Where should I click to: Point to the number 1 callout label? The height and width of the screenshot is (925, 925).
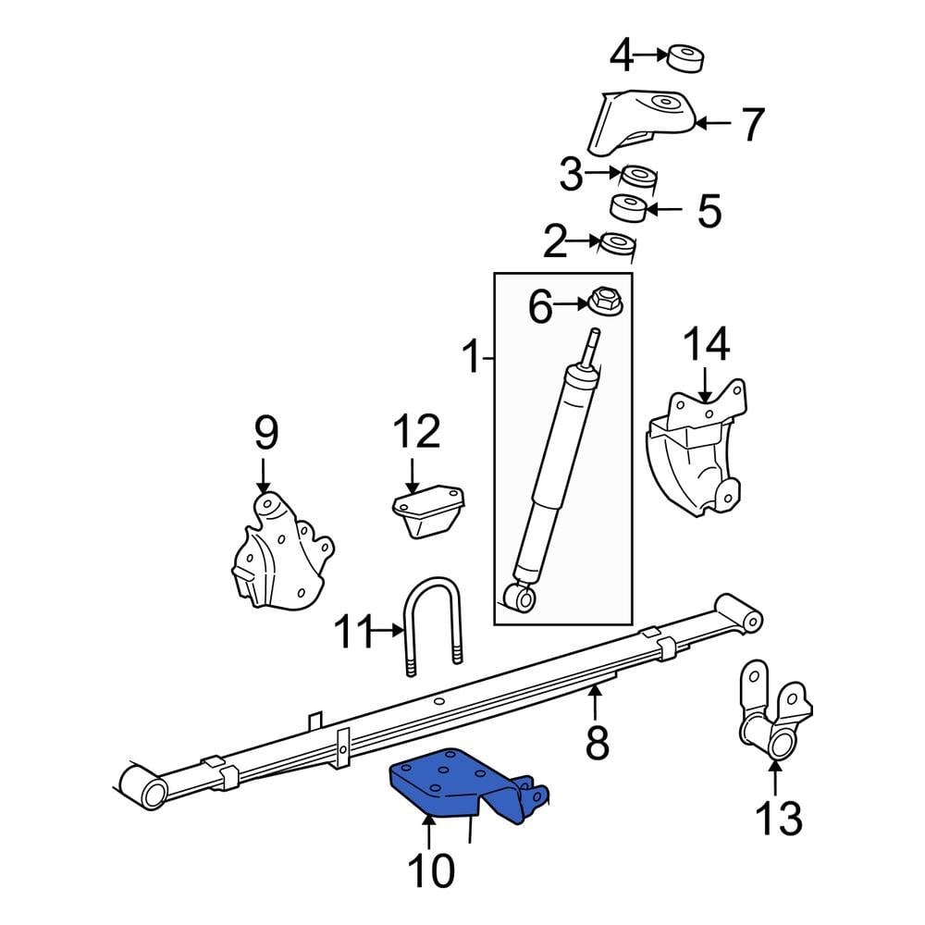[473, 357]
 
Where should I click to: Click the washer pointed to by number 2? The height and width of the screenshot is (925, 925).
[617, 244]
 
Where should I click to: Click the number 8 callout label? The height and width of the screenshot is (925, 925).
[598, 741]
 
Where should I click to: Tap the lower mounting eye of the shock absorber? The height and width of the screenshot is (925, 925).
[524, 598]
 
